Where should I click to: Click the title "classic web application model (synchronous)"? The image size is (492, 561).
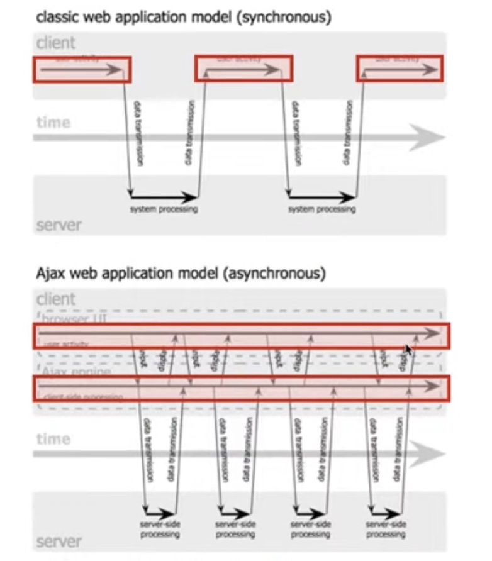(183, 17)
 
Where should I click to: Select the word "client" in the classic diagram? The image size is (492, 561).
(55, 43)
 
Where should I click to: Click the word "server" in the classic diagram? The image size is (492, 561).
(59, 225)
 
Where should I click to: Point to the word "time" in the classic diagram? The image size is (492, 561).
(53, 122)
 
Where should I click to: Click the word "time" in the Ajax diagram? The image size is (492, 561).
(53, 439)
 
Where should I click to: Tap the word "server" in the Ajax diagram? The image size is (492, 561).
(59, 542)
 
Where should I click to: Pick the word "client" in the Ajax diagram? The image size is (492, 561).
(55, 299)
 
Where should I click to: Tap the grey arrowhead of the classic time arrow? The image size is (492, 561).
(431, 137)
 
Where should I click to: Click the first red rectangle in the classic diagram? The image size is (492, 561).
(82, 69)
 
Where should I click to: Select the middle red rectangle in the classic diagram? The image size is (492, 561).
(243, 69)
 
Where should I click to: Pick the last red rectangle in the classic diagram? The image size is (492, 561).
(400, 69)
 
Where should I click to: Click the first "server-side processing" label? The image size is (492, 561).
(160, 529)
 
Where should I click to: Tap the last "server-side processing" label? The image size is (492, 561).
(385, 529)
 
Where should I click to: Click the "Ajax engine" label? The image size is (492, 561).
(77, 372)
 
